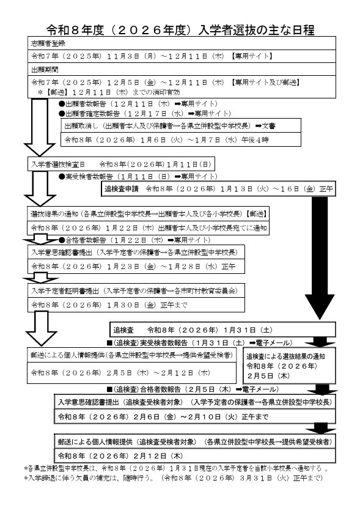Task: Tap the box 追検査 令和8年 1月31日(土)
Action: (189, 329)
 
